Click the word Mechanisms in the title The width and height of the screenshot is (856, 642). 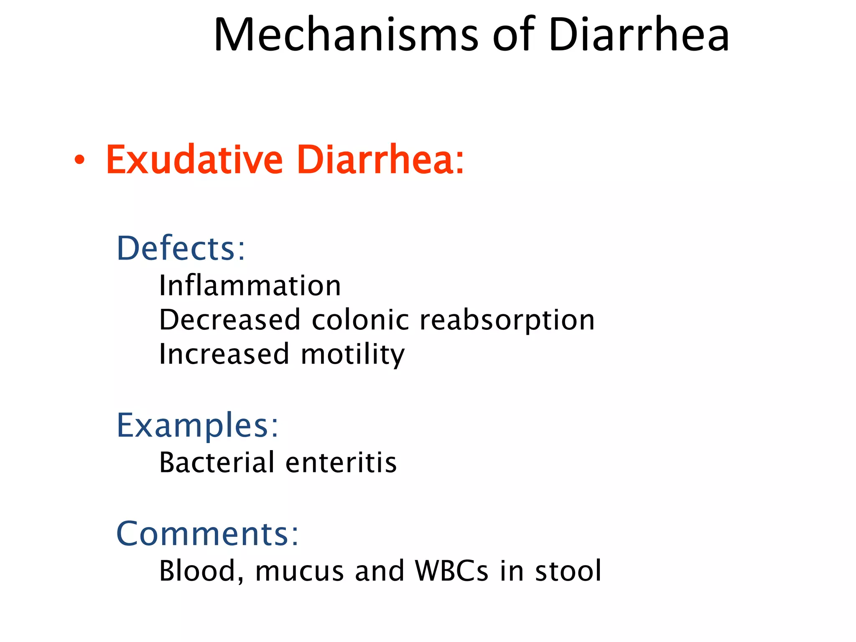pyautogui.click(x=346, y=35)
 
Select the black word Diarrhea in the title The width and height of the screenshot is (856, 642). pyautogui.click(x=639, y=35)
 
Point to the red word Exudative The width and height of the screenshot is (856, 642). pyautogui.click(x=194, y=160)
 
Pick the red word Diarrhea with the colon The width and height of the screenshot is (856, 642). pyautogui.click(x=380, y=160)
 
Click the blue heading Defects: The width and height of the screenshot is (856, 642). pyautogui.click(x=181, y=248)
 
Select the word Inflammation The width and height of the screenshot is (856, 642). pyautogui.click(x=250, y=286)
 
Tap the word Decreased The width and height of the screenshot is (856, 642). pyautogui.click(x=230, y=320)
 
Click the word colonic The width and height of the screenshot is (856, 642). pyautogui.click(x=360, y=320)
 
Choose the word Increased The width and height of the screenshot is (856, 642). pyautogui.click(x=224, y=354)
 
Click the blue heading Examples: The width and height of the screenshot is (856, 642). pyautogui.click(x=197, y=425)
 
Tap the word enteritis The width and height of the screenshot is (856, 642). pyautogui.click(x=341, y=463)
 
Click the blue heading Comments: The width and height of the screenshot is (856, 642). pyautogui.click(x=207, y=534)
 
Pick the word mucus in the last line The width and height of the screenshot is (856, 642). pyautogui.click(x=299, y=571)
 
